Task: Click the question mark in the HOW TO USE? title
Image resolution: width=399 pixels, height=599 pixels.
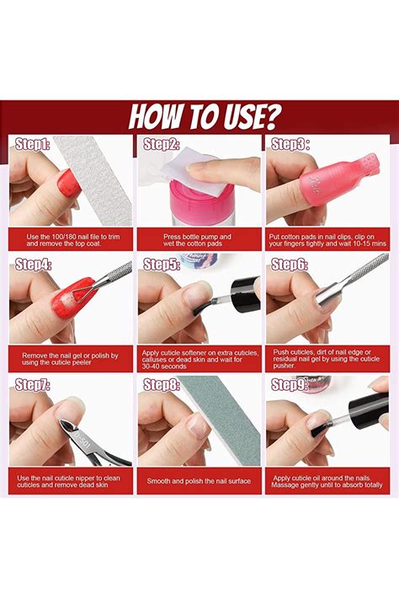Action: click(272, 116)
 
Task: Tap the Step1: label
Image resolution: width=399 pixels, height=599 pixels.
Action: click(33, 144)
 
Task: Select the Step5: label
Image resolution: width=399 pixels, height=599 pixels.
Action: click(161, 265)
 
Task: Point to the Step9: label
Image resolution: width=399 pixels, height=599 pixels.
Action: click(290, 385)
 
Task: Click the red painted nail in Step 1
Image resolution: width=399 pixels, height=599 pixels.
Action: click(69, 183)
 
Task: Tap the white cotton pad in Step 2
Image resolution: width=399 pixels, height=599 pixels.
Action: click(189, 175)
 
